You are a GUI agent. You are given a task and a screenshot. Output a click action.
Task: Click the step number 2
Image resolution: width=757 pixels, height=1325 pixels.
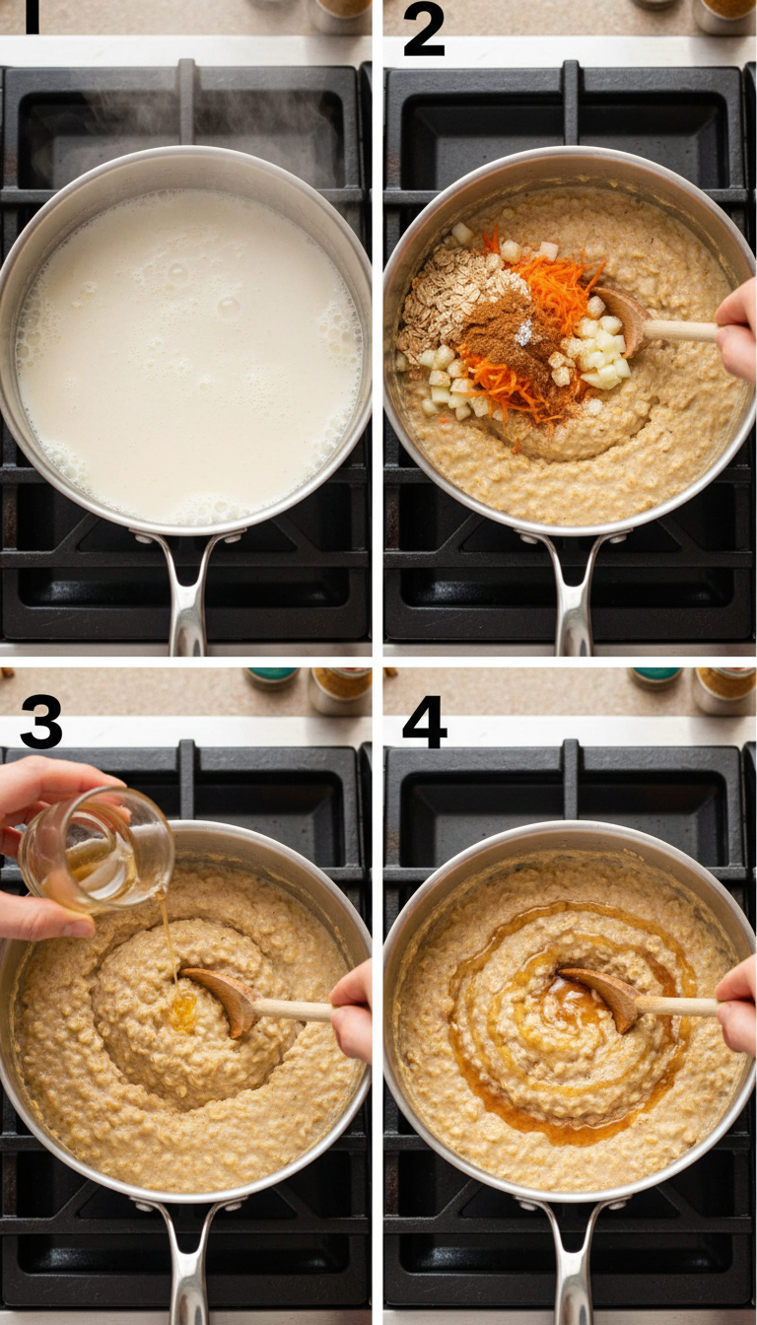pos(424,31)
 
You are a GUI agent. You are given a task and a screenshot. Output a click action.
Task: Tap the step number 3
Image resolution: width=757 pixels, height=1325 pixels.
pos(40,722)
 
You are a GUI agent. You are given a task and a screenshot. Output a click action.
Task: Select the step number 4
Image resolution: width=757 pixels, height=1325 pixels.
pos(424,722)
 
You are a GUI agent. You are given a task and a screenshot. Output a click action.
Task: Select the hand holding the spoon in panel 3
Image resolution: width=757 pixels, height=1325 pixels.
pos(352,1015)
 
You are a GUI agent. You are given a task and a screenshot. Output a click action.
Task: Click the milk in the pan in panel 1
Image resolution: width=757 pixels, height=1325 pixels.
pos(187,355)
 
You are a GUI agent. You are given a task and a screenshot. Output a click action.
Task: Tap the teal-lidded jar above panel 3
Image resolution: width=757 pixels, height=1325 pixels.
pos(273,676)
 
